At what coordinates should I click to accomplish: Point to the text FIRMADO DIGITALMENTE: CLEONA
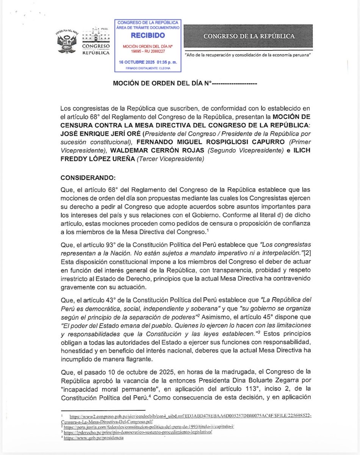click(148, 68)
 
